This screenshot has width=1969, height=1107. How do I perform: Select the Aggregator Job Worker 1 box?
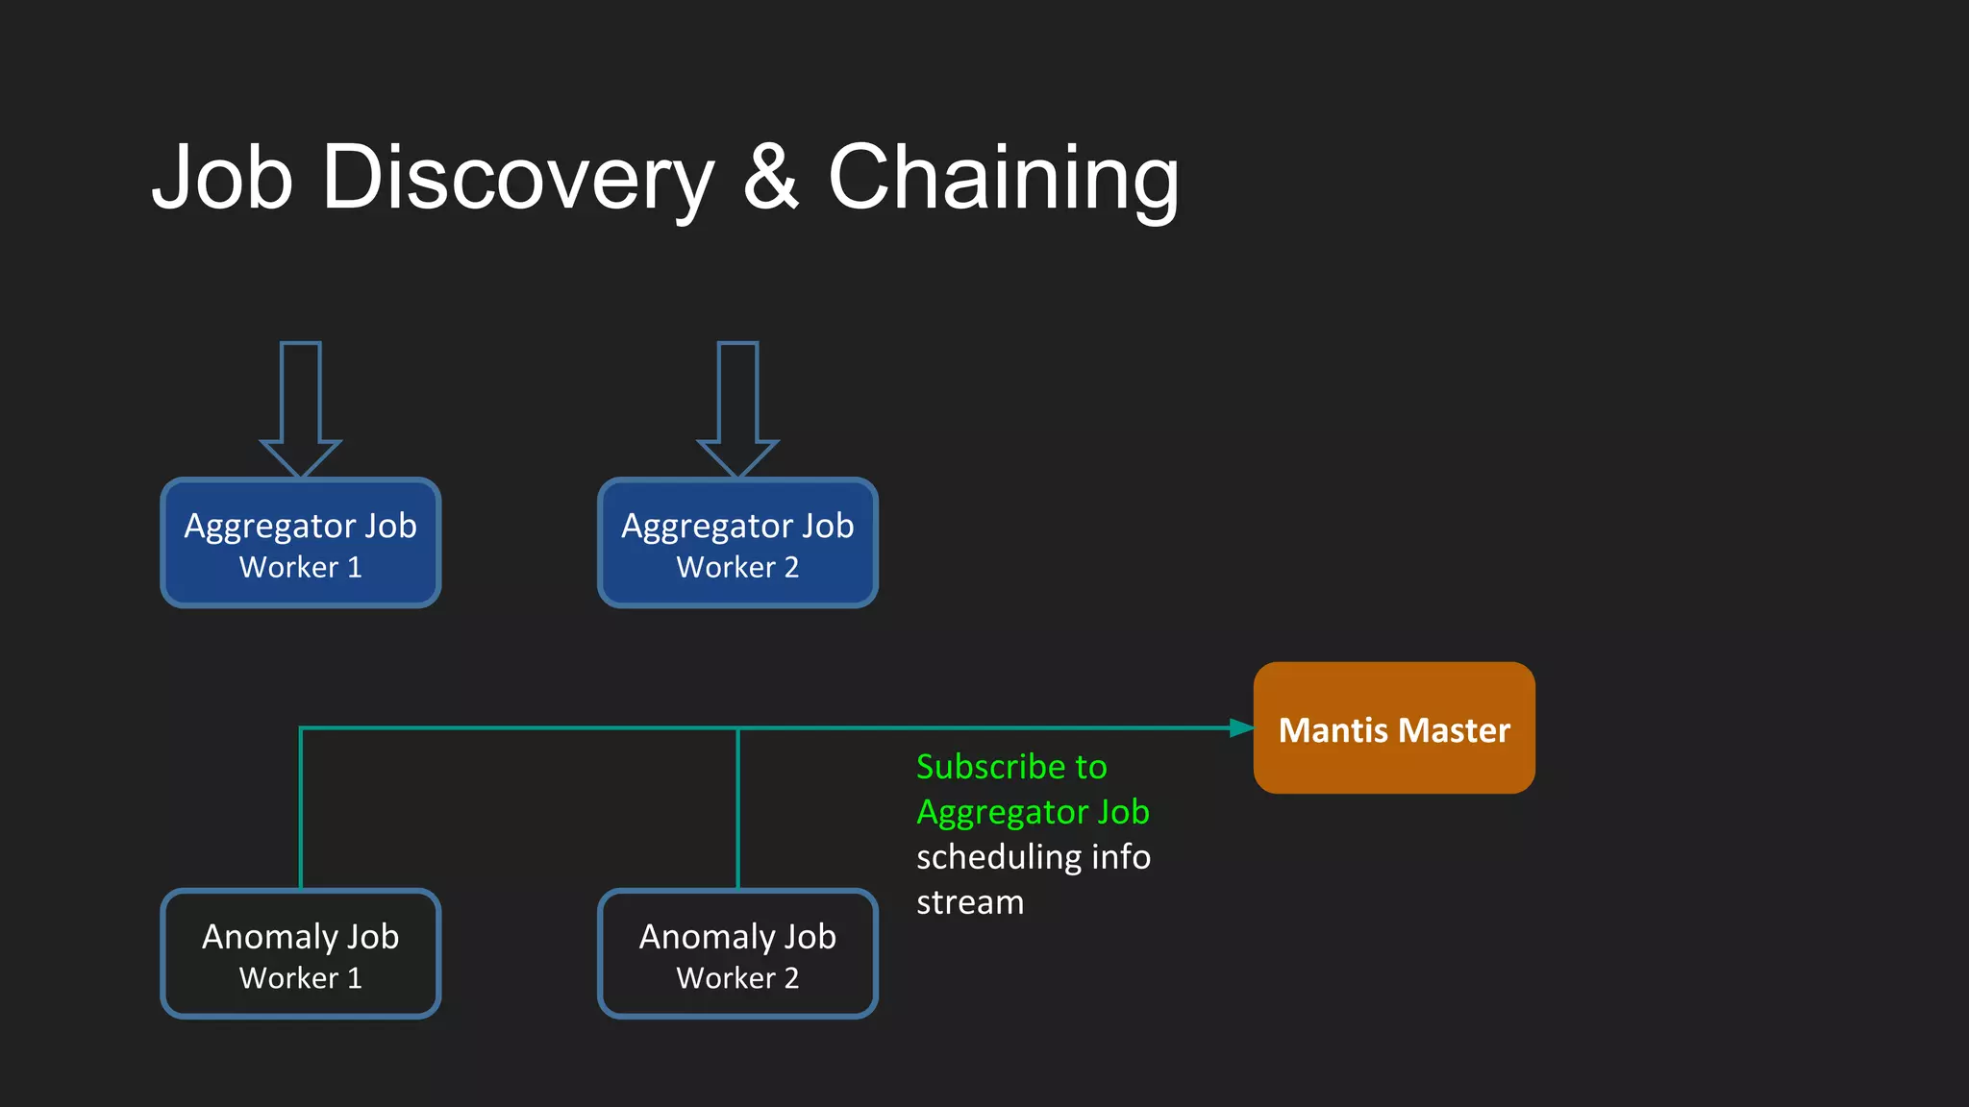click(x=300, y=544)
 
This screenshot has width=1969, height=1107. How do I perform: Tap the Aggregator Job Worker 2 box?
click(x=737, y=544)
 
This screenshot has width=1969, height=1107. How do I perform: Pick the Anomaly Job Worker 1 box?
click(x=300, y=954)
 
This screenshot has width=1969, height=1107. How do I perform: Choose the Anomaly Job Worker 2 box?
click(x=737, y=954)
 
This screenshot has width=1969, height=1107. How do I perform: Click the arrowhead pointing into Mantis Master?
click(x=1241, y=728)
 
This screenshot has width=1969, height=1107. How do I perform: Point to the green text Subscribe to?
click(x=1011, y=767)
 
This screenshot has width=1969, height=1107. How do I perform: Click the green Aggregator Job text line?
click(x=1033, y=812)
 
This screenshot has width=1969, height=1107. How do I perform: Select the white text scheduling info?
click(x=1033, y=857)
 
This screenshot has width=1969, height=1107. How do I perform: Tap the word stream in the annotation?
click(x=970, y=902)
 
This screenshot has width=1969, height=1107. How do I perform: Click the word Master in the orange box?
click(x=1456, y=730)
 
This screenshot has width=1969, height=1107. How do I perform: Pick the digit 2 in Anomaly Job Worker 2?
click(x=791, y=978)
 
